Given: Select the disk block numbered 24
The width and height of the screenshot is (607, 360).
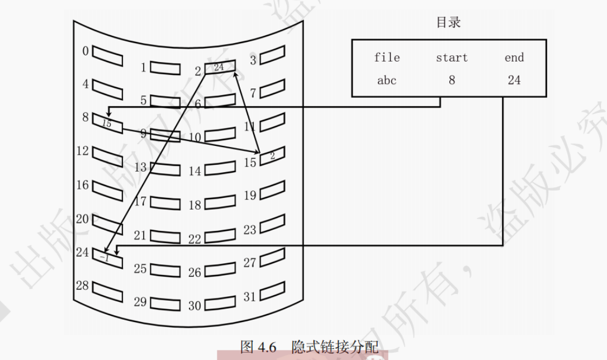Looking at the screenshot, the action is (x=107, y=258).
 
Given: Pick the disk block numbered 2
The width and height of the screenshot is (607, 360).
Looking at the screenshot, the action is (x=219, y=68).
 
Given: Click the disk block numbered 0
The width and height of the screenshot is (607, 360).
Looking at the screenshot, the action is (x=107, y=55).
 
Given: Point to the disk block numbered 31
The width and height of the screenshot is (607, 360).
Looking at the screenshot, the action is (x=272, y=292).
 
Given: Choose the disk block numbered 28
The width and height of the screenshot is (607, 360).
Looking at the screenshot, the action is (x=107, y=291).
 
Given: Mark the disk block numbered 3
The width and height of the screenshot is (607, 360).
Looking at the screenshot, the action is (x=272, y=55).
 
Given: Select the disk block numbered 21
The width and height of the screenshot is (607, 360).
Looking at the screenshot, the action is (x=164, y=236).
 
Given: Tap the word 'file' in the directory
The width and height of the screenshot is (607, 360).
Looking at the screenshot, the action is (x=387, y=58).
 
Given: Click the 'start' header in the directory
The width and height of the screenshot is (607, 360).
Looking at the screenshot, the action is (x=452, y=58).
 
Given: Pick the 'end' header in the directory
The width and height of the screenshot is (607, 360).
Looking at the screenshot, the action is (x=514, y=58).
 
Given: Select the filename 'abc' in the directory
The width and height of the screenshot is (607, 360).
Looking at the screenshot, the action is (x=387, y=80).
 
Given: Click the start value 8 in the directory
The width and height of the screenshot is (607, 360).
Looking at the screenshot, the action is (x=452, y=80).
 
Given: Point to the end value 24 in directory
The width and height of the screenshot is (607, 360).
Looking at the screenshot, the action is (x=514, y=80).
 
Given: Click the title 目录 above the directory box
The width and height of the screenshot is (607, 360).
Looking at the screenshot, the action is (x=449, y=23).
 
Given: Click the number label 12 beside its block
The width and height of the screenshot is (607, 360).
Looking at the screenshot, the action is (x=83, y=151).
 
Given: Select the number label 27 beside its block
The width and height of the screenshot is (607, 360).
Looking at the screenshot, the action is (x=249, y=262).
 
